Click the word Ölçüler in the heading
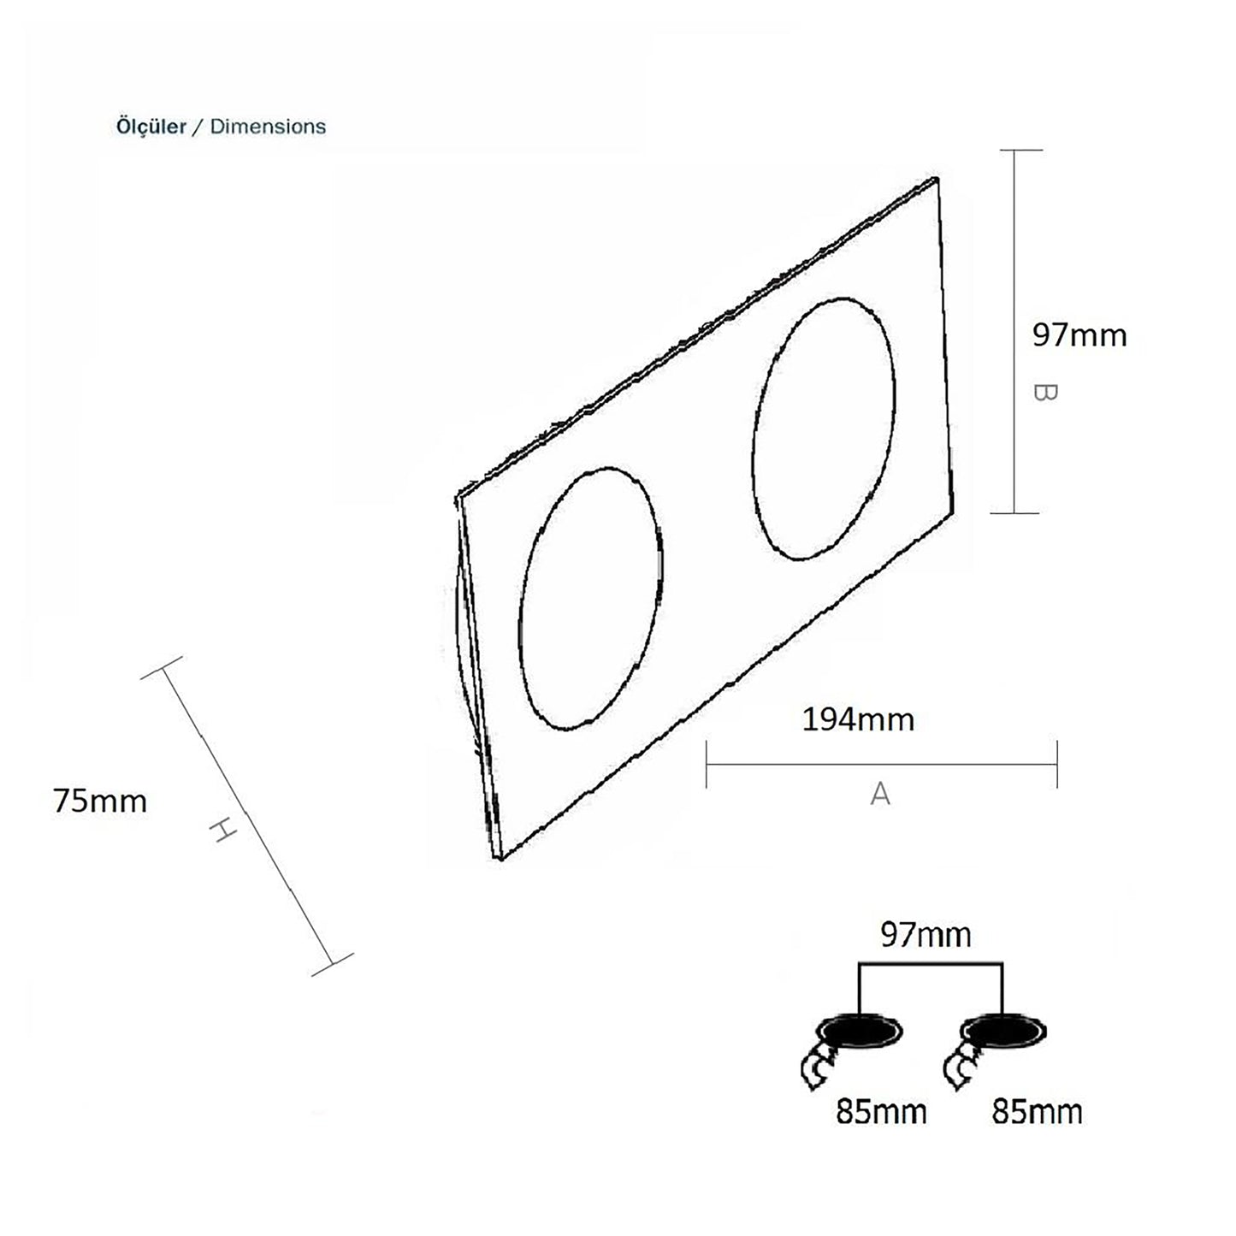[x=151, y=126]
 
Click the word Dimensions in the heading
[x=268, y=127]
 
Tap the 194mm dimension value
[x=858, y=719]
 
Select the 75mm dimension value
[x=100, y=801]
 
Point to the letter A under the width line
[x=880, y=794]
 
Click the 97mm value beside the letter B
[x=1079, y=335]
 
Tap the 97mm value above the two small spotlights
[x=926, y=935]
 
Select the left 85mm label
[x=881, y=1112]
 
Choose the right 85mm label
[x=1038, y=1112]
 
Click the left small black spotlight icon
[x=860, y=1032]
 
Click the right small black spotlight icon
[x=1002, y=1032]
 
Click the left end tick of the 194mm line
[x=707, y=765]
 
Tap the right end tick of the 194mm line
[x=1057, y=765]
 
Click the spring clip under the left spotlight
[x=819, y=1069]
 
